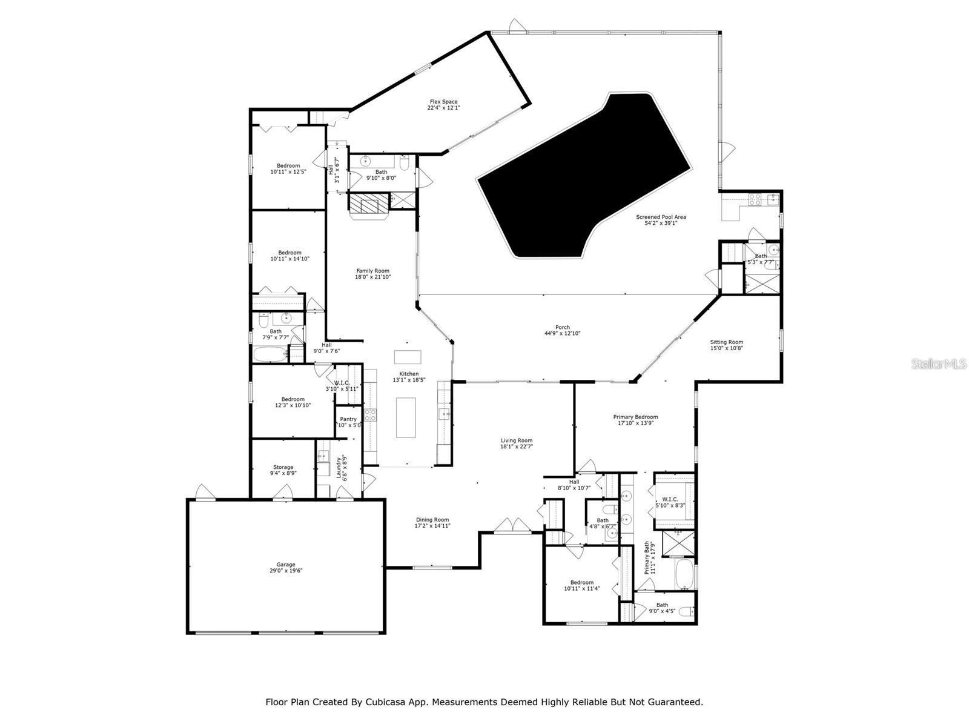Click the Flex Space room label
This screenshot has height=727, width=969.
point(443,102)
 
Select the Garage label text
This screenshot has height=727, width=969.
point(286,565)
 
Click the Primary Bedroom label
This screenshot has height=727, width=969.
point(635,417)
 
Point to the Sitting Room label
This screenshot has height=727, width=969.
point(726,342)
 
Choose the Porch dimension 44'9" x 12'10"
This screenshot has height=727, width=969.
point(563,334)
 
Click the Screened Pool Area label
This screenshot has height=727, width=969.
point(660,217)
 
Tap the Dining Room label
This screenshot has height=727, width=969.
point(432,520)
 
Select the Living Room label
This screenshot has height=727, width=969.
point(516,440)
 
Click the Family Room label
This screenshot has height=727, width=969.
point(372,271)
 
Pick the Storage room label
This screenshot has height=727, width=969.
point(283,467)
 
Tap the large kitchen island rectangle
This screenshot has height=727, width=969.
point(406,417)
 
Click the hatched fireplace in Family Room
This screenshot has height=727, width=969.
point(368,204)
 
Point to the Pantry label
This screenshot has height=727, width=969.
point(348,419)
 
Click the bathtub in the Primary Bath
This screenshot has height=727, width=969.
point(684,574)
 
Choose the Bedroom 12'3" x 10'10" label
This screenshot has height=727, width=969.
point(293,399)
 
